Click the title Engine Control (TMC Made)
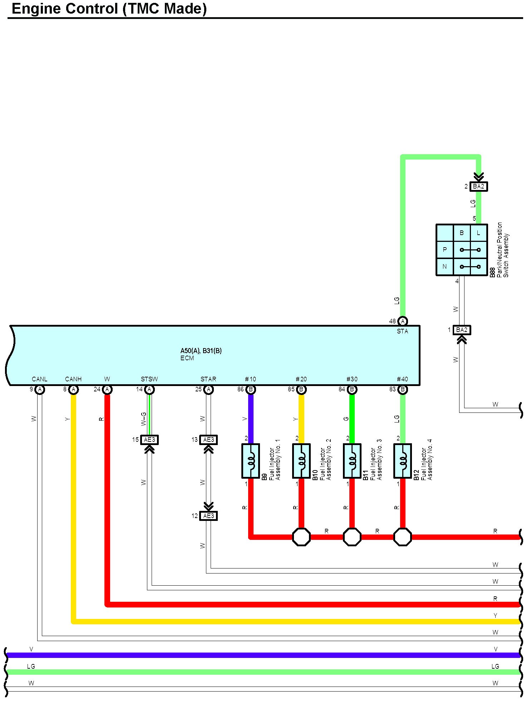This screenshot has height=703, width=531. coord(109,9)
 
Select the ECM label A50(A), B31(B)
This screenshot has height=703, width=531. coord(201,351)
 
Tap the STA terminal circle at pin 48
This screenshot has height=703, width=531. coord(403,321)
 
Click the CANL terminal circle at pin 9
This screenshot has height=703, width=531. coord(40,389)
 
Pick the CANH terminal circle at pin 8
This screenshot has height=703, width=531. coord(74,389)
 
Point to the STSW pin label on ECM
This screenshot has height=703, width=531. coord(149,379)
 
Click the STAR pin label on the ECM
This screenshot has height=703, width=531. coord(208,379)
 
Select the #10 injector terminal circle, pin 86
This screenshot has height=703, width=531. coord(251,389)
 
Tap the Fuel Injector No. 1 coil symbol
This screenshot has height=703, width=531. coord(251,461)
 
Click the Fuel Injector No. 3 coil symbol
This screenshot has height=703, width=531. coord(352,461)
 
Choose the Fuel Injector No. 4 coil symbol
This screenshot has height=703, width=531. coord(403,461)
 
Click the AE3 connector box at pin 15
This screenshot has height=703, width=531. coord(149,440)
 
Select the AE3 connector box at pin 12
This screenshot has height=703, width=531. coord(208,516)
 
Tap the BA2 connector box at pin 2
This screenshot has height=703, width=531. coord(478,186)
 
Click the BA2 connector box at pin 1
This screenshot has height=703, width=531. coord(462,330)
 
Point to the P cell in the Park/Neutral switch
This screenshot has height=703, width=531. coord(445,250)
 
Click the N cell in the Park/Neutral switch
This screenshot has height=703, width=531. coord(445,267)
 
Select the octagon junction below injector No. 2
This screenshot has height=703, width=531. coord(301,537)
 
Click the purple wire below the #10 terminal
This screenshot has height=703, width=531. coord(251,419)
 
